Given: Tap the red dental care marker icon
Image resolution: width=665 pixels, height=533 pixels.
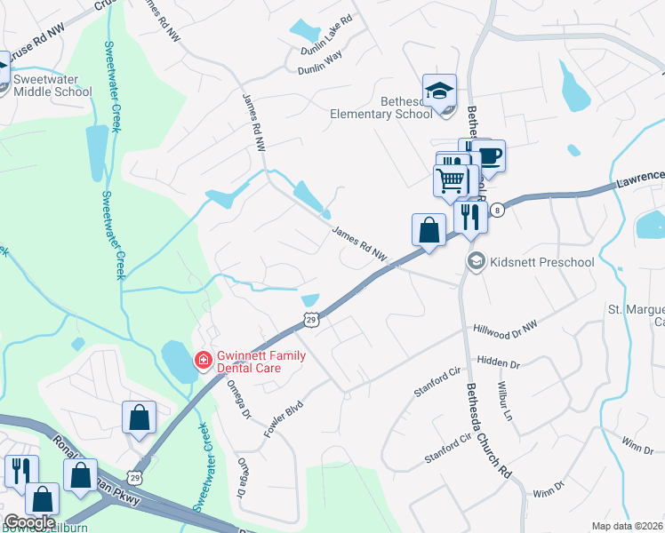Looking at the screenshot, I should [x=203, y=360].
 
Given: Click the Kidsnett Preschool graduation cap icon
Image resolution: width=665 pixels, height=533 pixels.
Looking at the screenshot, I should [x=476, y=260].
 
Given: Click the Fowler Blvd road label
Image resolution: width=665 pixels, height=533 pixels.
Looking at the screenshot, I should [x=284, y=418].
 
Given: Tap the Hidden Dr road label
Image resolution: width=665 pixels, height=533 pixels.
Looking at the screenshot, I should [x=498, y=363].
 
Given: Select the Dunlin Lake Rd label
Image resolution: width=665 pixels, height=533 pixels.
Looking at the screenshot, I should [x=327, y=29].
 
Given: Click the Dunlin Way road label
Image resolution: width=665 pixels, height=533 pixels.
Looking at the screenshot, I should [x=320, y=56].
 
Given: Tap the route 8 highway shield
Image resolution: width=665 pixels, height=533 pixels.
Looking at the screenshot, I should [x=497, y=210].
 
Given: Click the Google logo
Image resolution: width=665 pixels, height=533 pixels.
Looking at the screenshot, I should [x=29, y=522].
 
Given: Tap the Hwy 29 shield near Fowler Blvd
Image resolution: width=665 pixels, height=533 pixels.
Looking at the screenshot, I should [x=309, y=319].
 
